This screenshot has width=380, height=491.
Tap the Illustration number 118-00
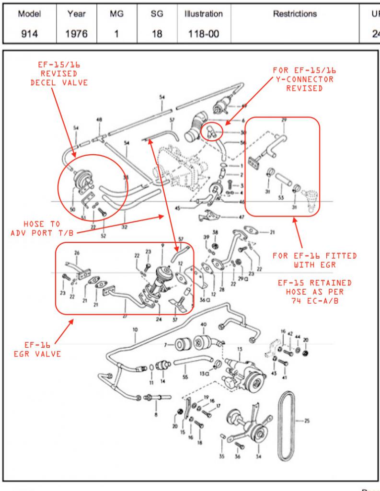(x=204, y=34)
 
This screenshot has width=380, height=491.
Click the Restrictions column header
(x=295, y=14)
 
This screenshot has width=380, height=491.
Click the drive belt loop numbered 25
(x=287, y=422)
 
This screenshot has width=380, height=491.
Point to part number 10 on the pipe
(x=136, y=330)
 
